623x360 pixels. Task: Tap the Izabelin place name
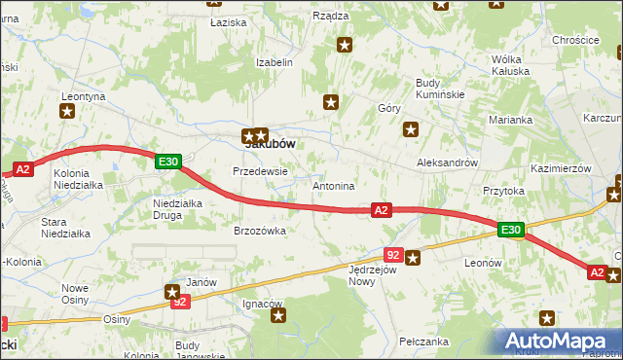point(275,62)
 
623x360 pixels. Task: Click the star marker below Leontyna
point(67,111)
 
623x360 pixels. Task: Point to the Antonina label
point(333,185)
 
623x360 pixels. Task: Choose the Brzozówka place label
point(259,231)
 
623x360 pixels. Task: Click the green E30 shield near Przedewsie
point(167,162)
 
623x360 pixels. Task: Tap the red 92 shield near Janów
point(179,303)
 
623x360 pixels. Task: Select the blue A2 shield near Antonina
point(381,209)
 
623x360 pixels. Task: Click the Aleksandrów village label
point(447,163)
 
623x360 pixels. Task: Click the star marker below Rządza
point(345,44)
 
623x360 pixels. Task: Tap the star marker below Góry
point(412,128)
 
